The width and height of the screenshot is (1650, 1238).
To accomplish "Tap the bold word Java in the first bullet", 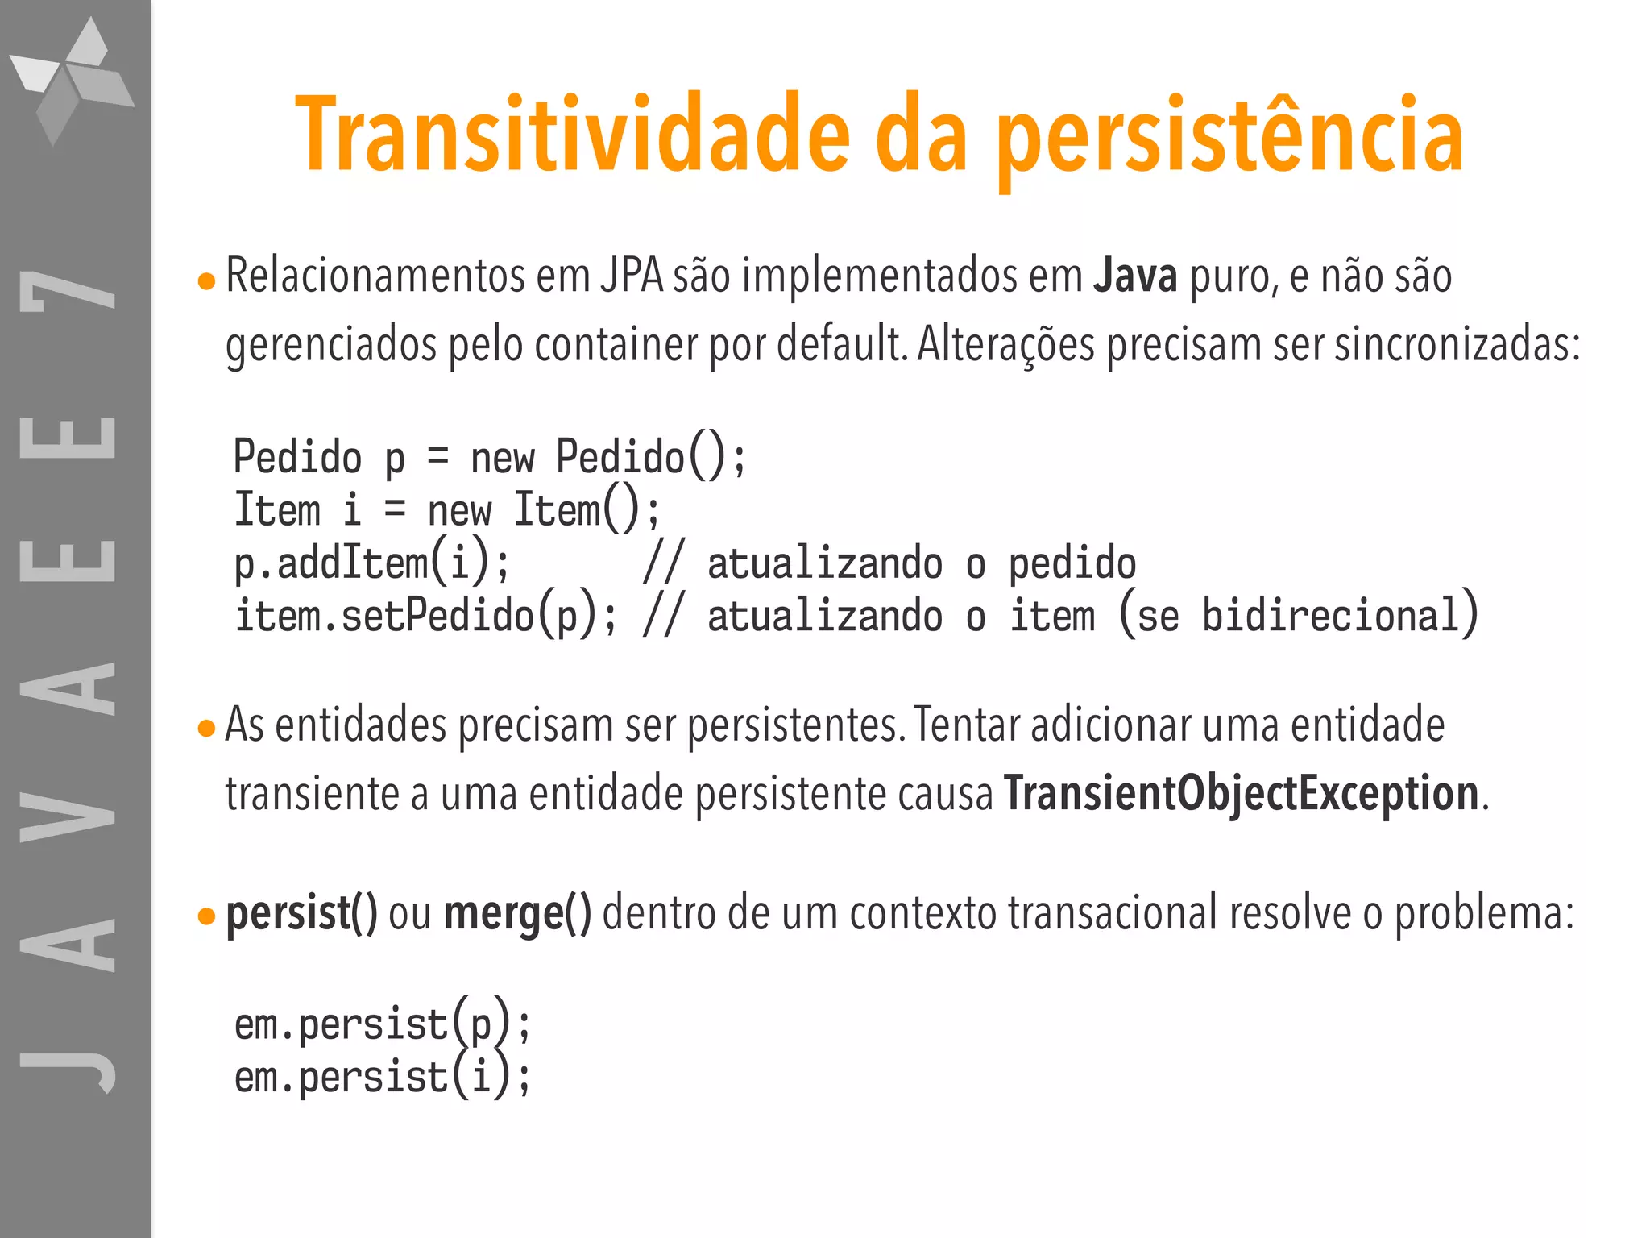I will click(x=1135, y=276).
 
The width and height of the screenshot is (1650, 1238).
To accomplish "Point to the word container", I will click(x=616, y=345).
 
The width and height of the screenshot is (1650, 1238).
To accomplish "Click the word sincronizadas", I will click(x=1457, y=345).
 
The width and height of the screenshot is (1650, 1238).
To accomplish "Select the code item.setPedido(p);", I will click(x=426, y=617).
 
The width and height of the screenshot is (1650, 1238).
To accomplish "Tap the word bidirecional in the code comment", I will click(x=1330, y=617).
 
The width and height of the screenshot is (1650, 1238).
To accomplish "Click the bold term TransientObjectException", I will click(x=1241, y=794).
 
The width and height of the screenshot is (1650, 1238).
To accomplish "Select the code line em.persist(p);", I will click(x=383, y=1025).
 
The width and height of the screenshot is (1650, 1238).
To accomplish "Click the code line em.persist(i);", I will click(x=383, y=1078).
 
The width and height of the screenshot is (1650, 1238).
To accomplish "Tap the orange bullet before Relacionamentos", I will click(x=207, y=281).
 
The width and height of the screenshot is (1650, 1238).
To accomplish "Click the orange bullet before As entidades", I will click(x=207, y=729).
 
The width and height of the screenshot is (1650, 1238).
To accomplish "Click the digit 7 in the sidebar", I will click(x=68, y=290).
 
